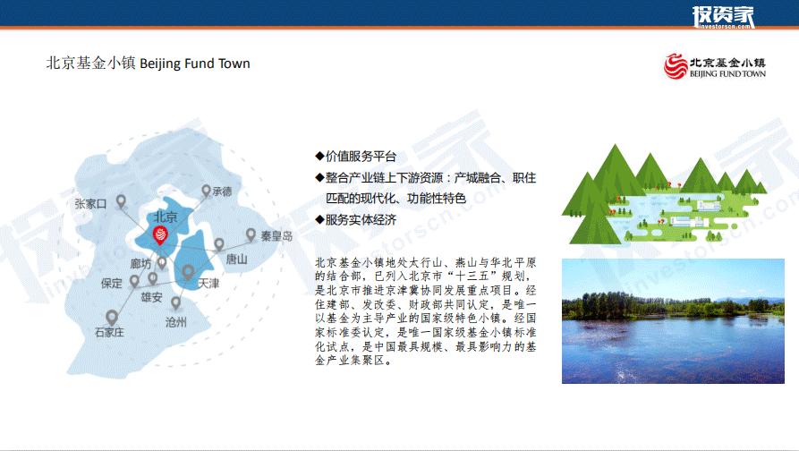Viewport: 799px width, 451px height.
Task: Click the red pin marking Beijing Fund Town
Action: (160, 235)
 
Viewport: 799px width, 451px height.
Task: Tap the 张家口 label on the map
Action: (90, 204)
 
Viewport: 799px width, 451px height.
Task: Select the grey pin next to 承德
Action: (206, 191)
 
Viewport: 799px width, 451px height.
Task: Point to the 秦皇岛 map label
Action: (276, 236)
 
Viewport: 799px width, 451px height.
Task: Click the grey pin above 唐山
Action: (219, 244)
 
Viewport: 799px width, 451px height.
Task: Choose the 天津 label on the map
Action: (208, 284)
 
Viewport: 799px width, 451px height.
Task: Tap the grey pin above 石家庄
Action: (112, 318)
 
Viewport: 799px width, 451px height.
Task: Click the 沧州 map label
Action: (175, 322)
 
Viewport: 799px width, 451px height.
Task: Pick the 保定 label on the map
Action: (112, 284)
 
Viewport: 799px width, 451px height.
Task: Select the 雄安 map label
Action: (151, 297)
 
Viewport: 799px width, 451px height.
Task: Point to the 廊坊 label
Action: (140, 263)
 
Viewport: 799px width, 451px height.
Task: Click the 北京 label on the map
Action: (166, 217)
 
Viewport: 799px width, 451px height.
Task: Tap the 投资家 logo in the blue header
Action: (723, 17)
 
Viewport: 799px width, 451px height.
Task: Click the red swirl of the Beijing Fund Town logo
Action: (676, 66)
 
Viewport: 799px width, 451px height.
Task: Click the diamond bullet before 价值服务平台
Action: (319, 156)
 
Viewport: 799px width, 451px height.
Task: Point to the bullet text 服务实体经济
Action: (361, 219)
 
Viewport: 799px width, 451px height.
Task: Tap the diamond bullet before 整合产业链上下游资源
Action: (319, 177)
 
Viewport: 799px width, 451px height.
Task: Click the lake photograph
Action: (673, 321)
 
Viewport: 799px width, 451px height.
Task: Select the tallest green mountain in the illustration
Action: (616, 174)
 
